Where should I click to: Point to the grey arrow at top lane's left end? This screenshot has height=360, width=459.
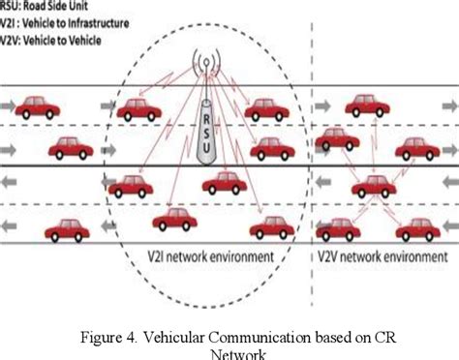click(x=6, y=105)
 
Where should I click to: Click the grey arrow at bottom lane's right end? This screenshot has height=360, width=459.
click(x=448, y=231)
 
